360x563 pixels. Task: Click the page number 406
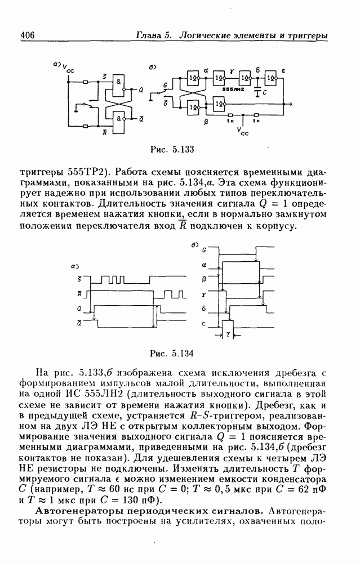click(x=28, y=35)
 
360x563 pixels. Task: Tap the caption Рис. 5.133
click(x=172, y=149)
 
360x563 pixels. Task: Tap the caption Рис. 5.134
click(x=172, y=353)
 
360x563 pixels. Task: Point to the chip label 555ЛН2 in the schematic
click(x=232, y=90)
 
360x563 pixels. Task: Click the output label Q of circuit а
click(x=141, y=90)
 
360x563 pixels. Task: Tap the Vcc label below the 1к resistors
click(x=243, y=132)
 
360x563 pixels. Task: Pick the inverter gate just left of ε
click(x=272, y=77)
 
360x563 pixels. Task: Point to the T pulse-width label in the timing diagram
click(x=228, y=333)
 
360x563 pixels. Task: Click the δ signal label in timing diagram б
click(x=203, y=309)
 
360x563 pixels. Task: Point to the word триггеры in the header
click(x=308, y=35)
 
